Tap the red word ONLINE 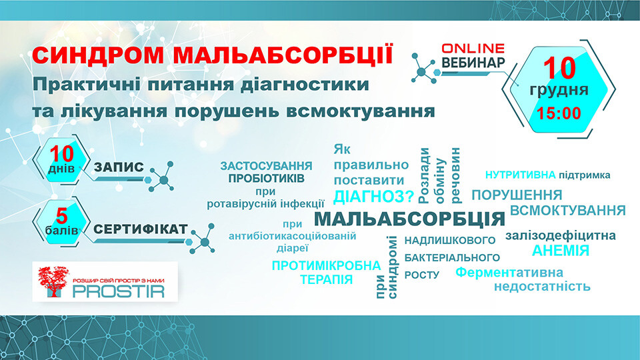tap(473, 48)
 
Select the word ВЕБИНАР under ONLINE tap(473, 63)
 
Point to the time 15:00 tap(559, 113)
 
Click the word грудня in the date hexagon tap(559, 90)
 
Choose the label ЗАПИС tap(119, 167)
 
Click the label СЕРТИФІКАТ tap(141, 229)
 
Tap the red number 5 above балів tap(61, 215)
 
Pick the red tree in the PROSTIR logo tap(53, 281)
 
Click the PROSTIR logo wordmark tap(119, 291)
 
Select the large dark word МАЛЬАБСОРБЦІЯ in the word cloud tap(409, 219)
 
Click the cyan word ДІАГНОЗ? tap(374, 197)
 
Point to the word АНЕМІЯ tap(561, 250)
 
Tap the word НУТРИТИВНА tap(521, 175)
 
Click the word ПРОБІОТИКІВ tap(266, 179)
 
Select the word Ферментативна tap(509, 272)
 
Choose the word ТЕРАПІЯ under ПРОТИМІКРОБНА tap(327, 279)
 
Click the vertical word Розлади tap(424, 175)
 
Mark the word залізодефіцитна tap(561, 236)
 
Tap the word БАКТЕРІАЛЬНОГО tap(452, 257)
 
